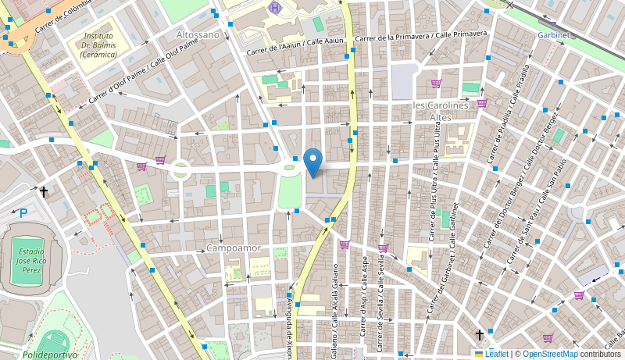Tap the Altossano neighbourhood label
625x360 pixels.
[198, 35]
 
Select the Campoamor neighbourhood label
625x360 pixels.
[234, 248]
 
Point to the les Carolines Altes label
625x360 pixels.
[441, 111]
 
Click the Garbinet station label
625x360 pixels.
[554, 35]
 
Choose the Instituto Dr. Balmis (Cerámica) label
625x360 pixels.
[99, 45]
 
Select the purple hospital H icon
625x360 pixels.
[274, 8]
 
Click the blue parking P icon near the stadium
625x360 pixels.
[23, 212]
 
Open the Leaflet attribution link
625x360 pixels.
[491, 354]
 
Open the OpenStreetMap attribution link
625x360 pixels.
[550, 354]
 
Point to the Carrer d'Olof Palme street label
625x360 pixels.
[144, 71]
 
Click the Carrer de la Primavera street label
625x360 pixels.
[421, 36]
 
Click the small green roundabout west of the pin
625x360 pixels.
[180, 169]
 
